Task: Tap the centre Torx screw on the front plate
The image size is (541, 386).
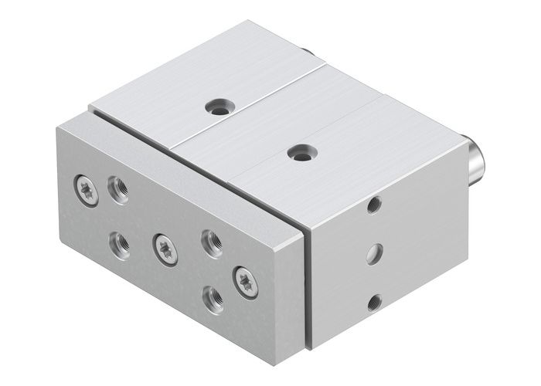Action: [x=165, y=248]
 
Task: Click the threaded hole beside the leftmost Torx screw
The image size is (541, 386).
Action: [x=118, y=188]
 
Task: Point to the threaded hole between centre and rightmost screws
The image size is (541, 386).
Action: [x=211, y=242]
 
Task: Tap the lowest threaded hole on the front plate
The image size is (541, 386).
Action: [x=212, y=299]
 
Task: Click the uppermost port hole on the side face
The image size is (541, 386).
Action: [x=373, y=205]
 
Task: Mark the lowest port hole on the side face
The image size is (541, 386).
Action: [x=373, y=302]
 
